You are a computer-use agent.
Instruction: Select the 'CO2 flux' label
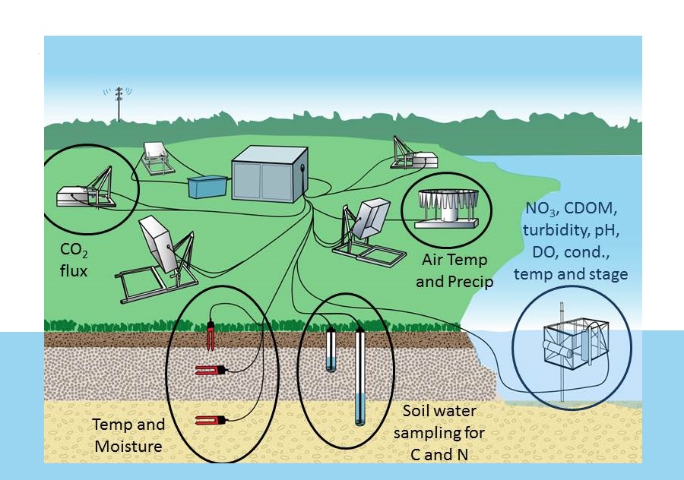76,257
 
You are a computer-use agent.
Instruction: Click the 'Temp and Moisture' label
128,436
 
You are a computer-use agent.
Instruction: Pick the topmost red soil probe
211,333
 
